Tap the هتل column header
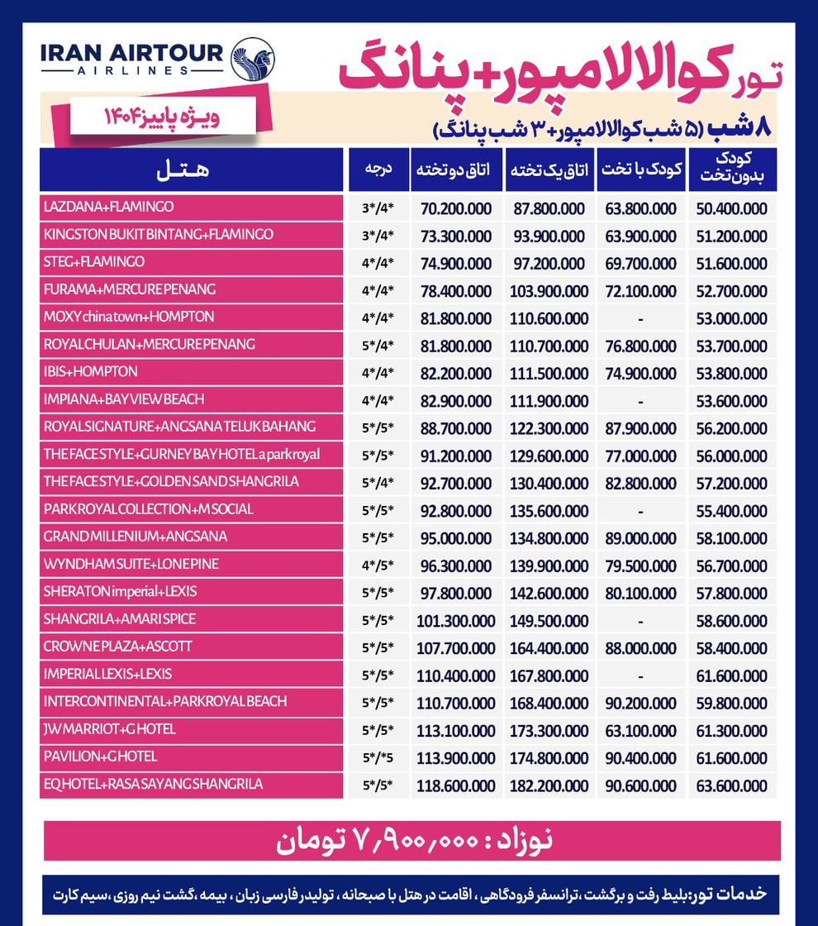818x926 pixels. click(x=192, y=169)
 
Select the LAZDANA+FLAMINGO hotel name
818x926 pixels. click(x=109, y=207)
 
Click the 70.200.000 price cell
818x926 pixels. click(x=455, y=208)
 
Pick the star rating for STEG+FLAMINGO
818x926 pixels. click(x=379, y=263)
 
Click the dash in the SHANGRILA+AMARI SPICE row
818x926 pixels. click(x=640, y=620)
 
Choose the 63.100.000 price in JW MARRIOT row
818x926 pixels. click(x=640, y=731)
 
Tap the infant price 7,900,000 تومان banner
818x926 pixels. click(x=411, y=840)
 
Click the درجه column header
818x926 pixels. click(x=379, y=169)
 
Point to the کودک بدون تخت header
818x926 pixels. click(x=732, y=169)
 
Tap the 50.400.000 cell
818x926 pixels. click(x=732, y=208)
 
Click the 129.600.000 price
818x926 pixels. click(x=549, y=456)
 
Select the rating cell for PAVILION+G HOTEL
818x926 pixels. click(x=379, y=757)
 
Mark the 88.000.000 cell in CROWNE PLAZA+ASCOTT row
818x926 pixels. click(x=640, y=648)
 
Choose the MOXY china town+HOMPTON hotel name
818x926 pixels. click(x=129, y=317)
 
